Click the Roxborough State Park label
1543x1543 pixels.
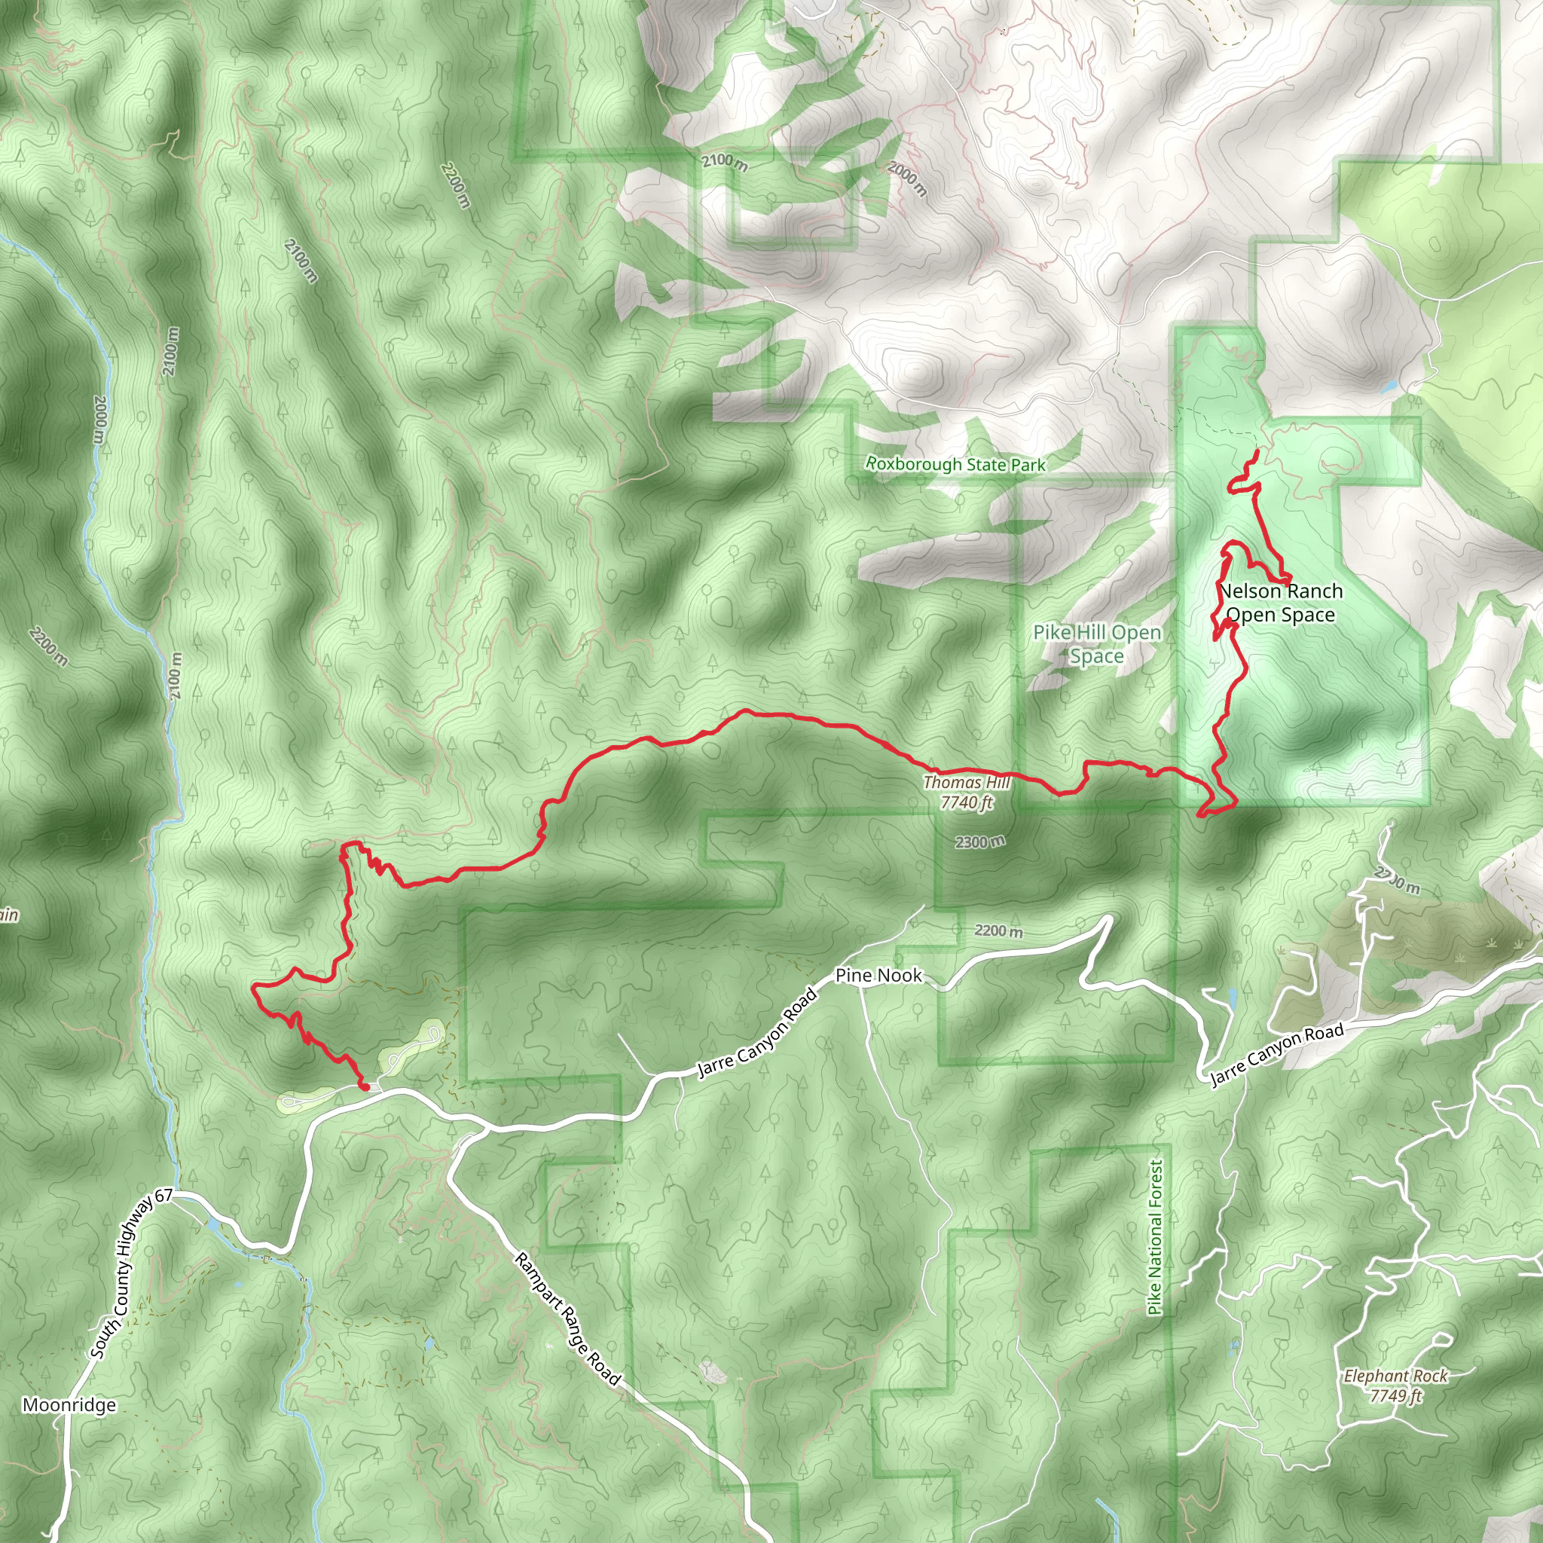click(955, 464)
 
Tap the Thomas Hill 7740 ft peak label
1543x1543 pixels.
click(967, 793)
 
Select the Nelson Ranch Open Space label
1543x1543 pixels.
click(1281, 603)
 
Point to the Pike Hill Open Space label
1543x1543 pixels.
click(1096, 643)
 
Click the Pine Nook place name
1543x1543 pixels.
click(878, 975)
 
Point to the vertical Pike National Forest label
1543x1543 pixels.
click(1155, 1237)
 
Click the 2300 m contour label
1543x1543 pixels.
click(979, 842)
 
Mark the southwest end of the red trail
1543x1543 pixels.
click(364, 1087)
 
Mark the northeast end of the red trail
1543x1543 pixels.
click(1257, 452)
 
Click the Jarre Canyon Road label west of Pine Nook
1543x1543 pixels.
click(758, 1033)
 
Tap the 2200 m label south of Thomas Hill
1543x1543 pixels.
click(998, 930)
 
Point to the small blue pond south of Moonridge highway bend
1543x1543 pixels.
click(215, 1224)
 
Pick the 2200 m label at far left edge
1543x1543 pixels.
click(48, 647)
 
